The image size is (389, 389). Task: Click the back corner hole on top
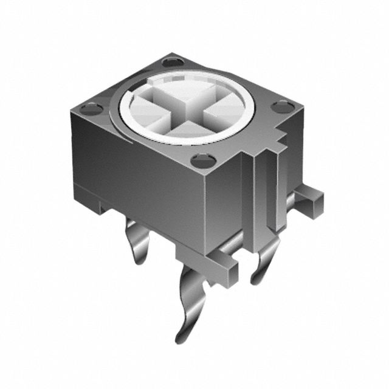[173, 61]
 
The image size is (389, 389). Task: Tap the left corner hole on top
[92, 110]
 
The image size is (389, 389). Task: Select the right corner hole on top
[282, 108]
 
